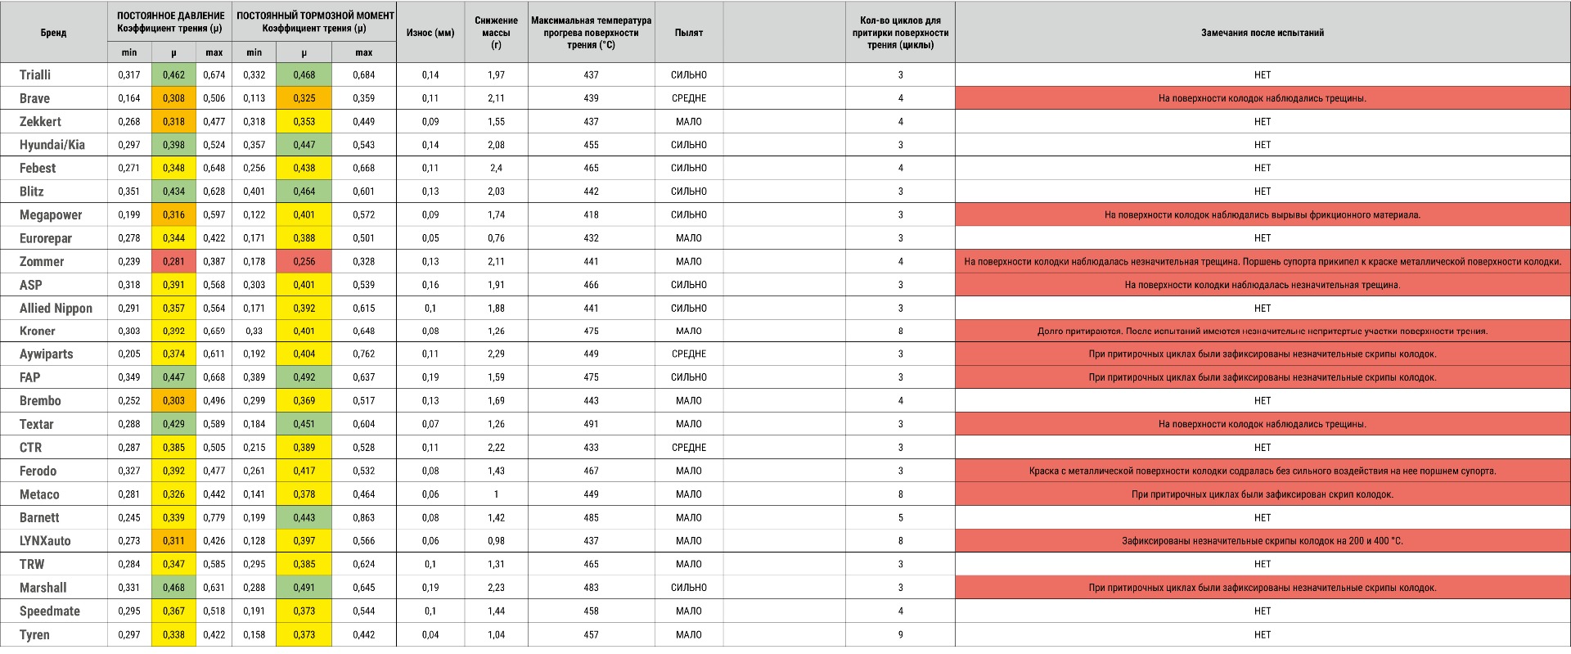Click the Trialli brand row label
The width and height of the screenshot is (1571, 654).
[x=35, y=74]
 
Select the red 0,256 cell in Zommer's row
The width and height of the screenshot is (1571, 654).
[x=304, y=262]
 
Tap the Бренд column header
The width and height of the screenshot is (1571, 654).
[x=53, y=33]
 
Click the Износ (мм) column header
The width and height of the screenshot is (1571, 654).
[x=430, y=33]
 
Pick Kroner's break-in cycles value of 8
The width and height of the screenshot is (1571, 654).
[x=900, y=332]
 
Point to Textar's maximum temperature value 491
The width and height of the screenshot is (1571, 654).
[x=591, y=424]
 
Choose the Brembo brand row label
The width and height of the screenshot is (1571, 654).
[x=40, y=401]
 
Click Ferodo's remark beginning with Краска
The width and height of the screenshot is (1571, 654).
[x=1262, y=471]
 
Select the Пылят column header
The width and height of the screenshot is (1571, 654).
[x=688, y=33]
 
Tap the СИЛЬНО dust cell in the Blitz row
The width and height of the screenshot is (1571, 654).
[x=688, y=192]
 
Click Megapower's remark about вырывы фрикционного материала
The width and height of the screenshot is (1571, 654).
[x=1262, y=215]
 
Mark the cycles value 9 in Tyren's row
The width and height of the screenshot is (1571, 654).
[x=900, y=634]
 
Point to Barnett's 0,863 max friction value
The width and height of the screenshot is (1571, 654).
[x=363, y=518]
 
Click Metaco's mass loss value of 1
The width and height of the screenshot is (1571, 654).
[x=496, y=494]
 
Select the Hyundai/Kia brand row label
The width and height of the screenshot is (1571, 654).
[x=52, y=145]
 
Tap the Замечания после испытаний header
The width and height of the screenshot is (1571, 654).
[x=1262, y=33]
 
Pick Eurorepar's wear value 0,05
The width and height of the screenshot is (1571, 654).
[x=430, y=238]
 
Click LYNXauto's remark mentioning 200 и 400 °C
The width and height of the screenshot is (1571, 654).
[x=1262, y=541]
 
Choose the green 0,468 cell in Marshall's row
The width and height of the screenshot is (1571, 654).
[x=173, y=588]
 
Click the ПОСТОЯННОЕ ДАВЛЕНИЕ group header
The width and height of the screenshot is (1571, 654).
[x=170, y=16]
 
